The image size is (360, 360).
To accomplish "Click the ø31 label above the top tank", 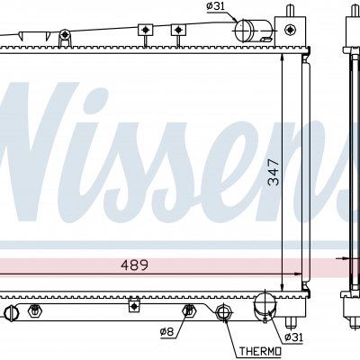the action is point(215,6).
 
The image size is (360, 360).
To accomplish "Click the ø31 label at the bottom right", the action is point(293,337).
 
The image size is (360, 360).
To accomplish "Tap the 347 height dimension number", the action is point(274,172).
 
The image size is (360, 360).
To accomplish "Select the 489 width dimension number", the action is point(134,265).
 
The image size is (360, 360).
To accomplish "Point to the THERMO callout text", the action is point(260,351).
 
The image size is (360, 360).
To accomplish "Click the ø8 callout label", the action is point(166,331).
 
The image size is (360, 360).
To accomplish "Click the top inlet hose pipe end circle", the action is point(243,31).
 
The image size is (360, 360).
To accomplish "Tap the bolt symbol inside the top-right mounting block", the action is point(290,29).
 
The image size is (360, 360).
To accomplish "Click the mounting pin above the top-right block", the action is point(290,11).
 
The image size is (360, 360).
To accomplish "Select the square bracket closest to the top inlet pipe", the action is point(178,30).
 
